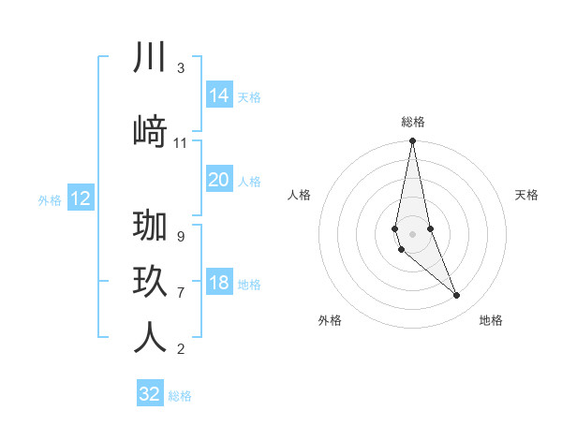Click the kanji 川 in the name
(150, 57)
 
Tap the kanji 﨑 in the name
(150, 131)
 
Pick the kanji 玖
(150, 282)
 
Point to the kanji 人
(150, 338)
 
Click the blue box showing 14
(218, 95)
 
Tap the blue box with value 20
(218, 180)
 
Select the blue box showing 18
(218, 283)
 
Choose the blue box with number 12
(81, 198)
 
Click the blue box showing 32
(150, 394)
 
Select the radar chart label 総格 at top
(413, 122)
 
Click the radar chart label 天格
(527, 195)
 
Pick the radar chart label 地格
(491, 320)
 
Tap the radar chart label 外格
(330, 320)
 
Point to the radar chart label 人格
(300, 195)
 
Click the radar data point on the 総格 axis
(413, 141)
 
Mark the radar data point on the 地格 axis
(457, 296)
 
